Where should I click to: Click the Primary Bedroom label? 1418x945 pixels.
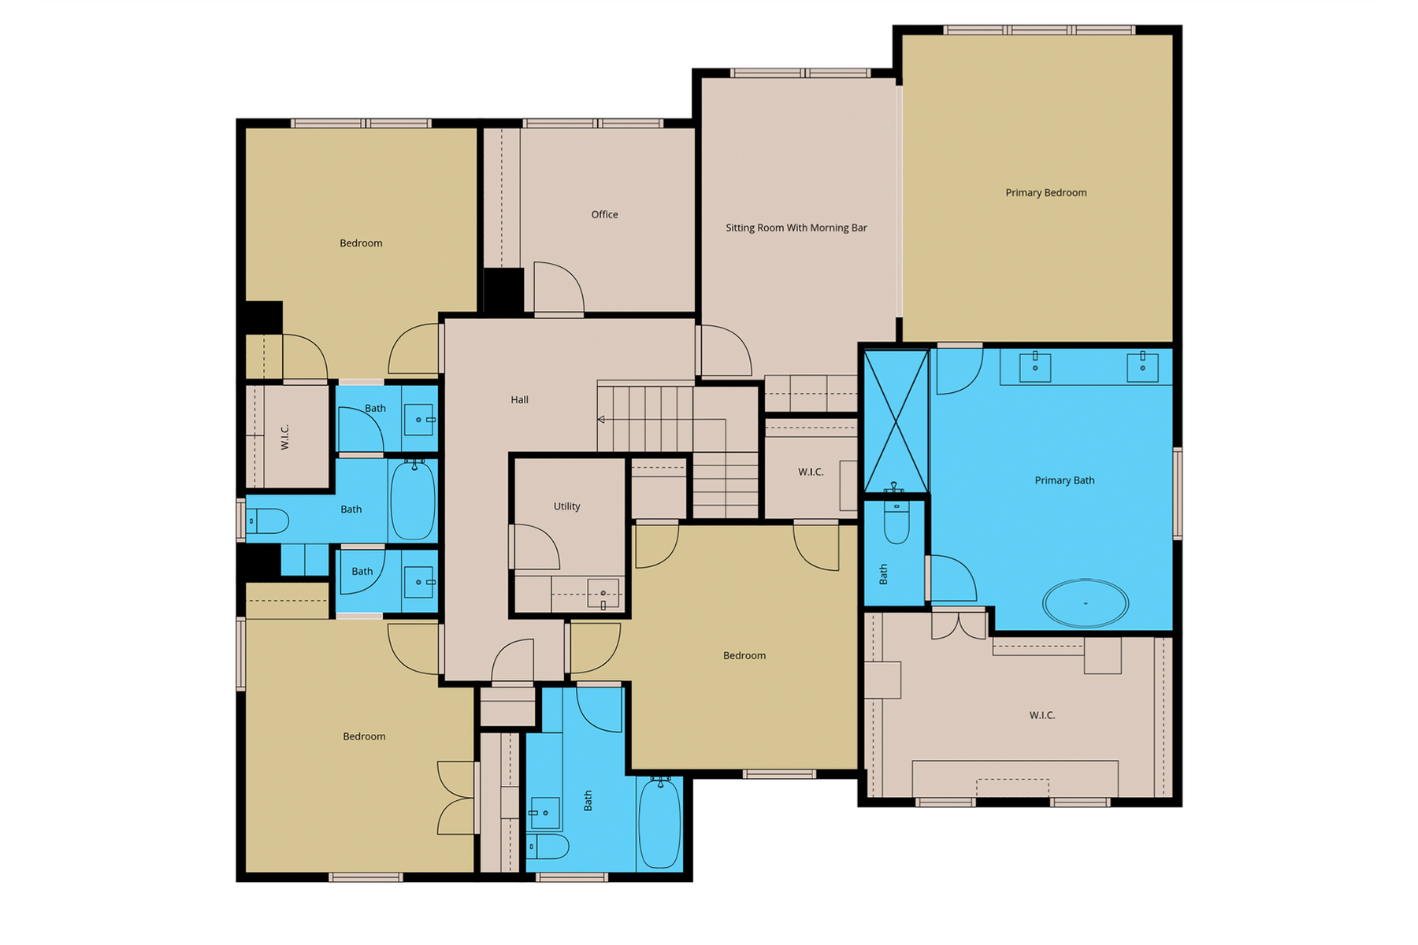tap(1045, 193)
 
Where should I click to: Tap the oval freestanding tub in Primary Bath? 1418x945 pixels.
tap(1085, 603)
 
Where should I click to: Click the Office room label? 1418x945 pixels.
tap(604, 214)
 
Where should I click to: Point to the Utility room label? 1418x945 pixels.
tap(566, 506)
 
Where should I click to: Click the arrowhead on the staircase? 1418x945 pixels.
tap(601, 420)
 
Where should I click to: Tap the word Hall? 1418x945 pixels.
tap(519, 400)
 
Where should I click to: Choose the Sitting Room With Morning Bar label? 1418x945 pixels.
tap(796, 228)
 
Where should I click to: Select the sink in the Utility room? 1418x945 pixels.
tap(603, 594)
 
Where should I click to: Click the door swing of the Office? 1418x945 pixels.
tap(558, 288)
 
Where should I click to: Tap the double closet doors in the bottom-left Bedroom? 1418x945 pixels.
tap(457, 798)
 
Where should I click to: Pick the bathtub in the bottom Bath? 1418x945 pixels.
tap(659, 823)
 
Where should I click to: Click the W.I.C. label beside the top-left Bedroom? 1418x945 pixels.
tap(285, 436)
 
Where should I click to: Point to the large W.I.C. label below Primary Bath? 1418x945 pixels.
tap(1041, 715)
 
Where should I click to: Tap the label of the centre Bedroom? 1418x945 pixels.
tap(744, 655)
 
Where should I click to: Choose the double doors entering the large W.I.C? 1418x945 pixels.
tap(958, 624)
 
